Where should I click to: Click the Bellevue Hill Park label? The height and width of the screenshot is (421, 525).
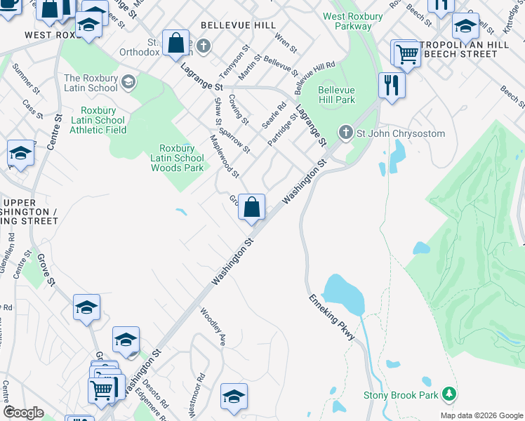click(336, 95)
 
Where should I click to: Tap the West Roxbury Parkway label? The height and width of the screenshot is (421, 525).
click(348, 21)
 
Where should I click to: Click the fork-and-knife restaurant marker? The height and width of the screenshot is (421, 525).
click(391, 86)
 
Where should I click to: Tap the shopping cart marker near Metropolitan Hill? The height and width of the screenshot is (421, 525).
click(406, 53)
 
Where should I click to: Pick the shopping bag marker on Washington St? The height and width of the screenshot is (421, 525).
click(252, 208)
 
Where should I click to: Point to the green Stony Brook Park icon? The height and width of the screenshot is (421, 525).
click(449, 394)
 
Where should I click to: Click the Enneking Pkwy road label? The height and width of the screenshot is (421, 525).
click(332, 317)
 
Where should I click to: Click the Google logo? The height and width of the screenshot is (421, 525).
click(24, 413)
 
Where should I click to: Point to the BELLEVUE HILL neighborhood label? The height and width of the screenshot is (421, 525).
click(229, 25)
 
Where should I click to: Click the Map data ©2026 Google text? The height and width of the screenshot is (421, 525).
click(481, 415)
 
